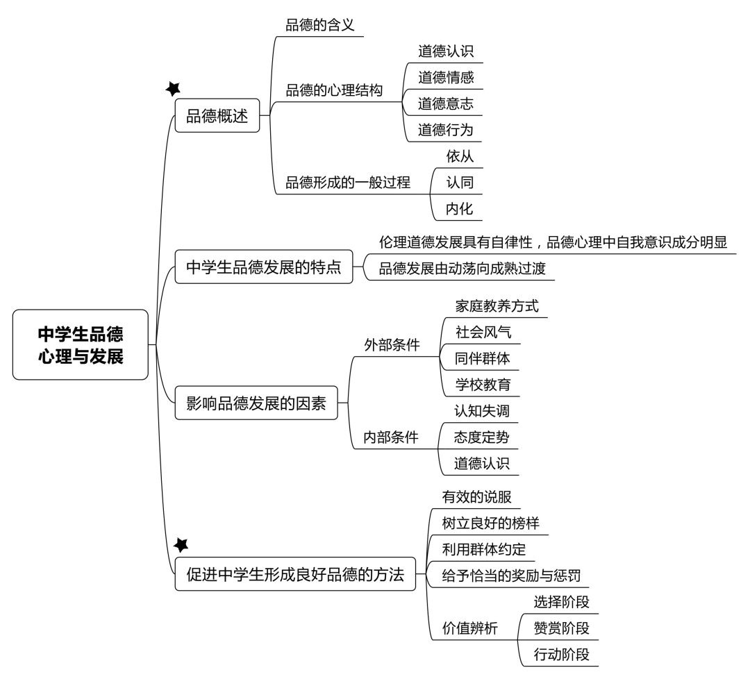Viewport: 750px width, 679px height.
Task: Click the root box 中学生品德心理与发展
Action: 81,345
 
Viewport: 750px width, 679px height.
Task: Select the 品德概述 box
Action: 217,116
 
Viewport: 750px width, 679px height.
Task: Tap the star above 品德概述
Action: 173,88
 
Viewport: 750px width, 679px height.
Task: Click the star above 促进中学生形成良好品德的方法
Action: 181,544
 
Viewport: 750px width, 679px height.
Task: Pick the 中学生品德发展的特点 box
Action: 264,267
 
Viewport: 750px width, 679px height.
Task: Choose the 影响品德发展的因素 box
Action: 256,403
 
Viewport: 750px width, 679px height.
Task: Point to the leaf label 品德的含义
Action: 320,25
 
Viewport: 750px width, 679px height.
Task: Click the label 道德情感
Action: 446,78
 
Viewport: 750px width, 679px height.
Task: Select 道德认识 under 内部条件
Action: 482,463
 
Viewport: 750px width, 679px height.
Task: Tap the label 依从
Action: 460,156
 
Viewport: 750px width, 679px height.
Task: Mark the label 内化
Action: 459,208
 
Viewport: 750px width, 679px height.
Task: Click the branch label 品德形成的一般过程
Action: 348,182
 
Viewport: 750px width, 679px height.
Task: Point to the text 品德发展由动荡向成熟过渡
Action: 462,268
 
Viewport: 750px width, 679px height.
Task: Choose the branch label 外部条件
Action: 392,345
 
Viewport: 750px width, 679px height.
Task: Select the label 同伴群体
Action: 482,358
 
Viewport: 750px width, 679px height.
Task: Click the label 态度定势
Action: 482,437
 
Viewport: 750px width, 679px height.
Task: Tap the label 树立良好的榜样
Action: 491,523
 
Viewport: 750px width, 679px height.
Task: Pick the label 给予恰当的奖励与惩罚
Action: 511,576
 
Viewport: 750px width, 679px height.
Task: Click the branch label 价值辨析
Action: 470,628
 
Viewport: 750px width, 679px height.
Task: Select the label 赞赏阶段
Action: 562,628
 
